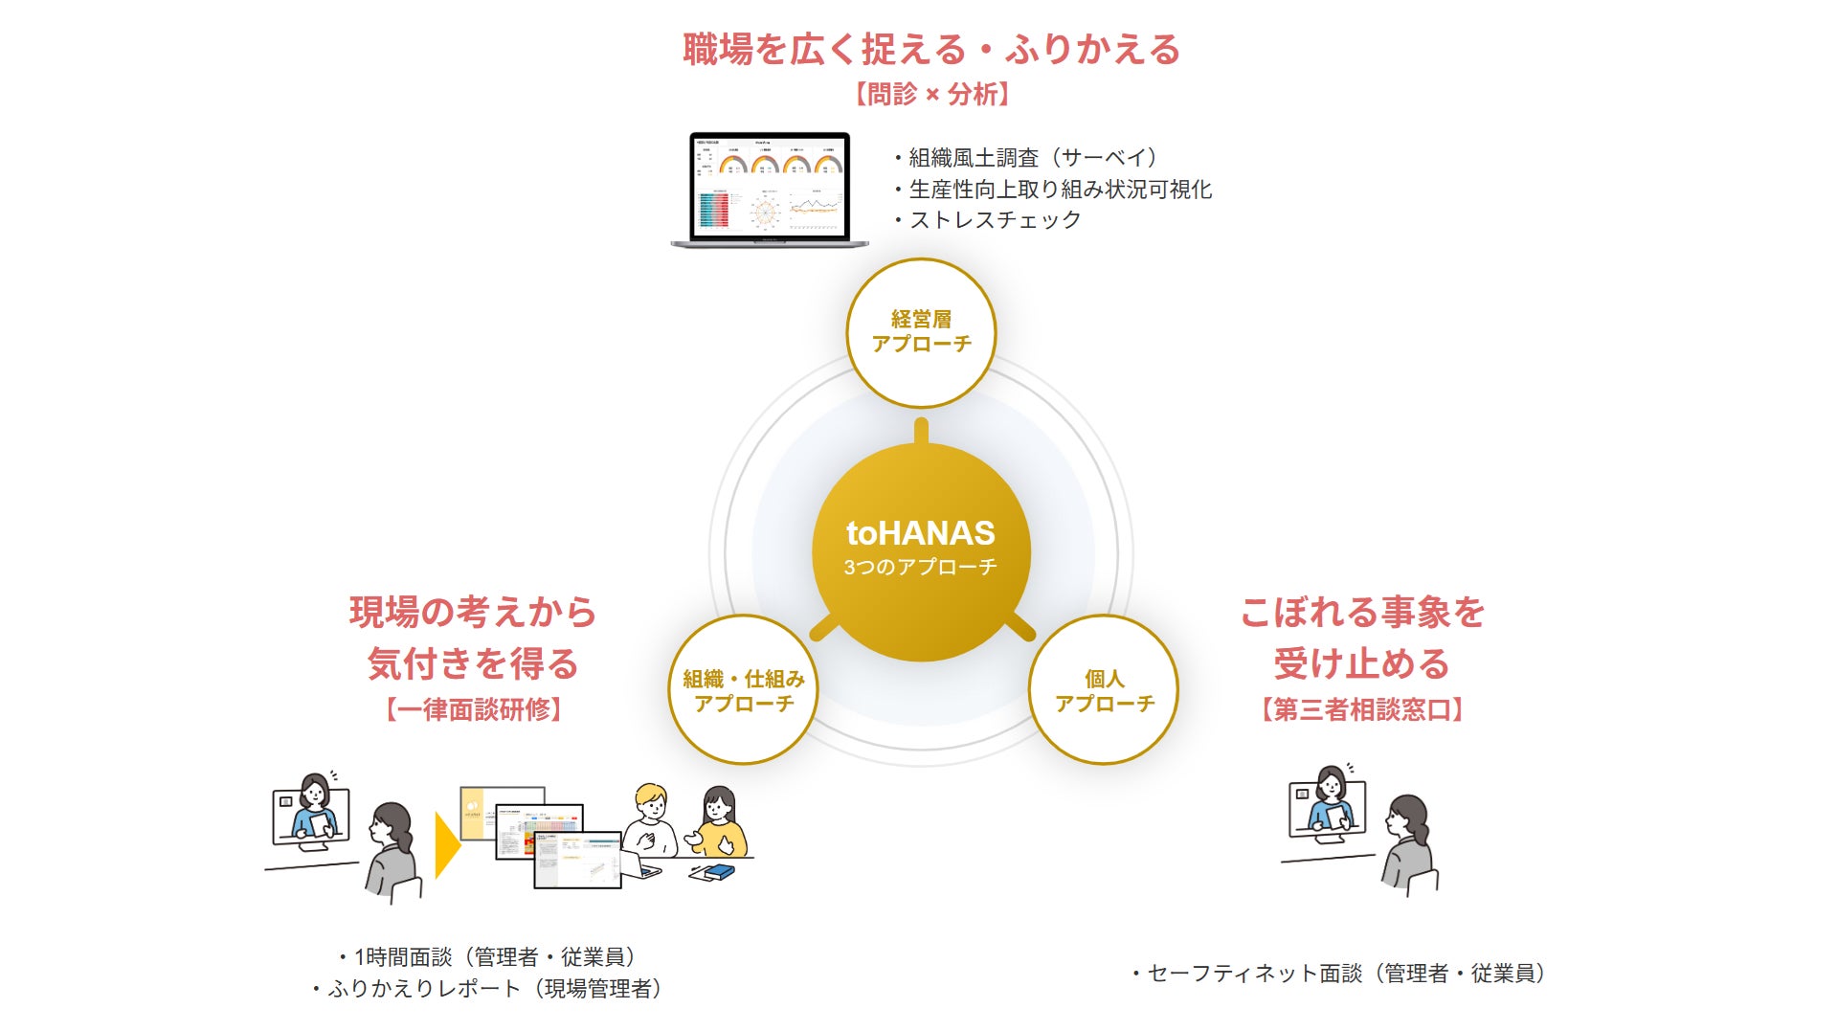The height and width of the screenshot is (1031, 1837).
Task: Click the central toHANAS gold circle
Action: click(920, 550)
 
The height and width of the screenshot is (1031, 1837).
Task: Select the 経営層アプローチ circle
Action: click(921, 332)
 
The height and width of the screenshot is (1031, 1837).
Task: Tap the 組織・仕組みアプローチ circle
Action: click(743, 690)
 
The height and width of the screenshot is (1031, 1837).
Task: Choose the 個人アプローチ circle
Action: click(1104, 690)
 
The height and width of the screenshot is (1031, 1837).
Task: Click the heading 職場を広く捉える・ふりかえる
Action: click(930, 50)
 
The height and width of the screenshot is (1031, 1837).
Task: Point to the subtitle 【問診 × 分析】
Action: click(930, 94)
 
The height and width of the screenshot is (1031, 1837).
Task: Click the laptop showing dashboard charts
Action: click(770, 189)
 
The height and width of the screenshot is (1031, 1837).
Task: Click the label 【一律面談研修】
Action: click(473, 709)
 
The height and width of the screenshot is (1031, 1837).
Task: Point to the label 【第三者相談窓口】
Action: click(1361, 709)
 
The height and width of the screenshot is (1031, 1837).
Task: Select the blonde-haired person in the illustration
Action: click(651, 818)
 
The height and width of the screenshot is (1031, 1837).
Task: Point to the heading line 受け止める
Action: click(1361, 663)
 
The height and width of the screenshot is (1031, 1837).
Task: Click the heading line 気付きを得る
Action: click(473, 663)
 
